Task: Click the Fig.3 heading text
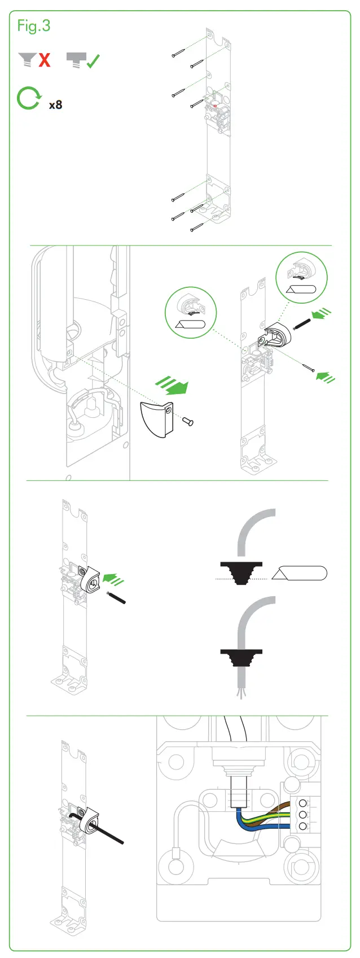pyautogui.click(x=33, y=26)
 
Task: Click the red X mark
pyautogui.click(x=45, y=60)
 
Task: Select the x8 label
pyautogui.click(x=55, y=105)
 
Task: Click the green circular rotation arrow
pyautogui.click(x=28, y=98)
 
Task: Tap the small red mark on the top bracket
pyautogui.click(x=215, y=104)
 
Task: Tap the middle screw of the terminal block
pyautogui.click(x=303, y=815)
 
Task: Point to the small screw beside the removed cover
pyautogui.click(x=188, y=421)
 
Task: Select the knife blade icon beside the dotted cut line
pyautogui.click(x=299, y=574)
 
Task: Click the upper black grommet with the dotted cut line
pyautogui.click(x=242, y=571)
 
